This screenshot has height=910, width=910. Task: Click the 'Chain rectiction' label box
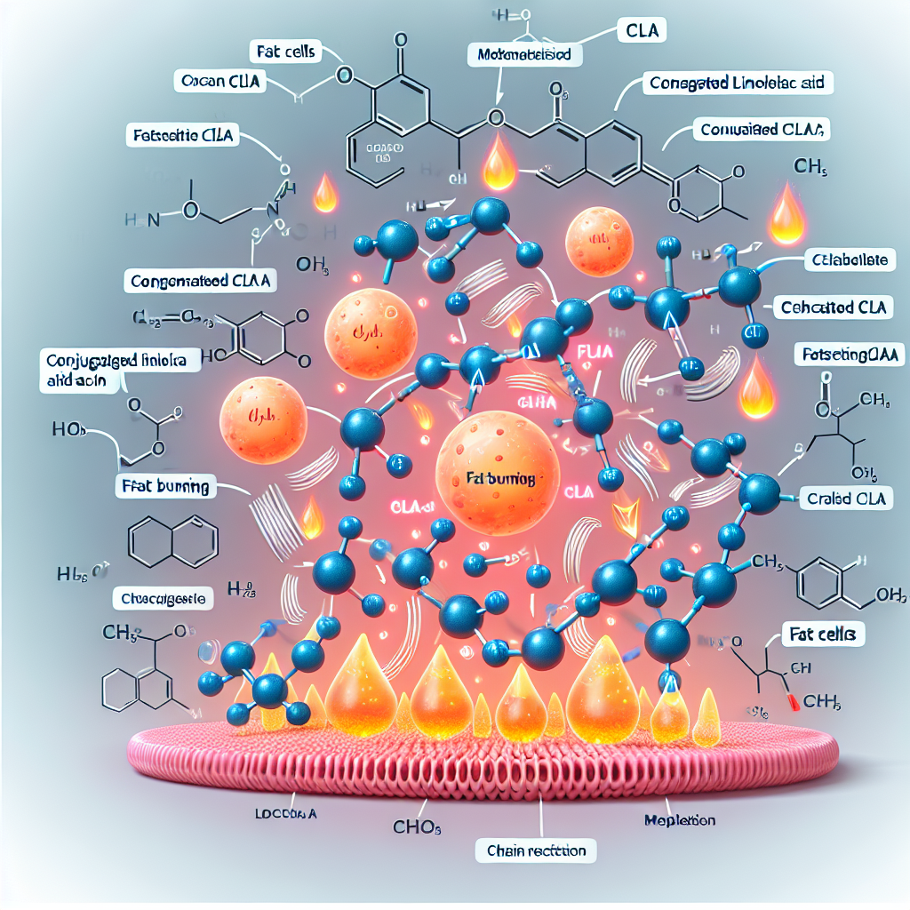pyautogui.click(x=536, y=850)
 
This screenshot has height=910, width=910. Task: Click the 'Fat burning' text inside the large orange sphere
pyautogui.click(x=500, y=478)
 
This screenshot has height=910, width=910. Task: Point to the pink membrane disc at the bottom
pyautogui.click(x=484, y=751)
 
